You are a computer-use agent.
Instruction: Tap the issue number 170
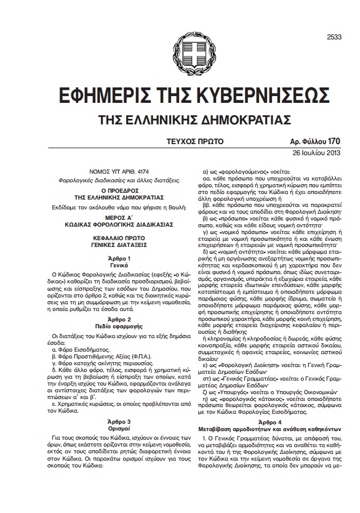click(x=334, y=141)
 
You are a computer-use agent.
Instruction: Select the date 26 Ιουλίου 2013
click(x=315, y=153)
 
